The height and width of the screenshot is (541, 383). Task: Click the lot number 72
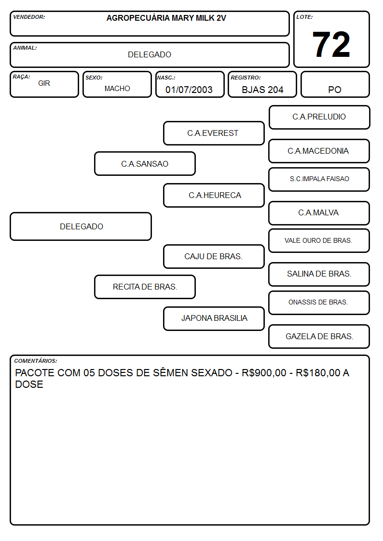[x=331, y=44]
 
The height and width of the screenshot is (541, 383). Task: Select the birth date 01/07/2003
[x=189, y=90]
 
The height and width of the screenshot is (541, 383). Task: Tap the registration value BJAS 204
[x=262, y=90]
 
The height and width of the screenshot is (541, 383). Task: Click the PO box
[x=335, y=84]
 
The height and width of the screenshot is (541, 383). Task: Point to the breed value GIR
[x=44, y=83]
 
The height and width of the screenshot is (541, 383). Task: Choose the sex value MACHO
[x=117, y=89]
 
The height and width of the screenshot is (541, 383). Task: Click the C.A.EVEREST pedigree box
[x=214, y=133]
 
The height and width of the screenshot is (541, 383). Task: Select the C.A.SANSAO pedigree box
[x=145, y=164]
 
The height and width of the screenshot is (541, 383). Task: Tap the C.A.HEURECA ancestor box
[x=214, y=195]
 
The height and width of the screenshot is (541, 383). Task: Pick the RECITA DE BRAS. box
[x=145, y=287]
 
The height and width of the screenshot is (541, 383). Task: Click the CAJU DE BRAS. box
[x=214, y=257]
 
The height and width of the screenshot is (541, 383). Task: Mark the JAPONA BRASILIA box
[x=214, y=318]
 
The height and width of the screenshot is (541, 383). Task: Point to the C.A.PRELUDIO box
[x=319, y=118]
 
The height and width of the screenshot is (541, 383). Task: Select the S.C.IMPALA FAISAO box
[x=319, y=179]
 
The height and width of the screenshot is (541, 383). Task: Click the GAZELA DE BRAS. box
[x=319, y=336]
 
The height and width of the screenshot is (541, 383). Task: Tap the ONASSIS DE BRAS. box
[x=319, y=303]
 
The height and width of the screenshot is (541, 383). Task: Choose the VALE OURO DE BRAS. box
[x=319, y=240]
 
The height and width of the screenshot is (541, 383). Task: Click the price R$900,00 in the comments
[x=264, y=373]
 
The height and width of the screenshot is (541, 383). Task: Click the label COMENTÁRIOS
[x=36, y=361]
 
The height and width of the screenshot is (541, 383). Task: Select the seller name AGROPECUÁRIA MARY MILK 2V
[x=166, y=18]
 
